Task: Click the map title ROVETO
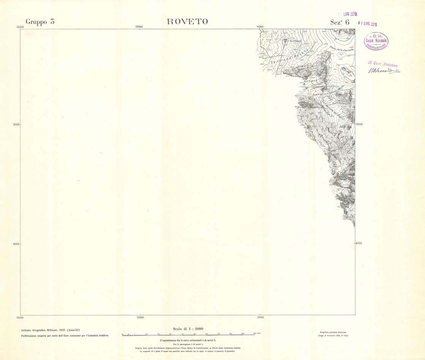187,22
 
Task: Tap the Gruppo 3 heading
40,22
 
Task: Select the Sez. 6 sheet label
339,22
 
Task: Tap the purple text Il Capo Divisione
382,63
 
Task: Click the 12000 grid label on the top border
139,27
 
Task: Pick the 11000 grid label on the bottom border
260,317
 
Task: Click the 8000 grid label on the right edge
359,243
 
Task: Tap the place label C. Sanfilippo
293,41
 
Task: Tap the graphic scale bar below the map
188,335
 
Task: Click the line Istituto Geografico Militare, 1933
51,330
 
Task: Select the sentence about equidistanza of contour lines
188,340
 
